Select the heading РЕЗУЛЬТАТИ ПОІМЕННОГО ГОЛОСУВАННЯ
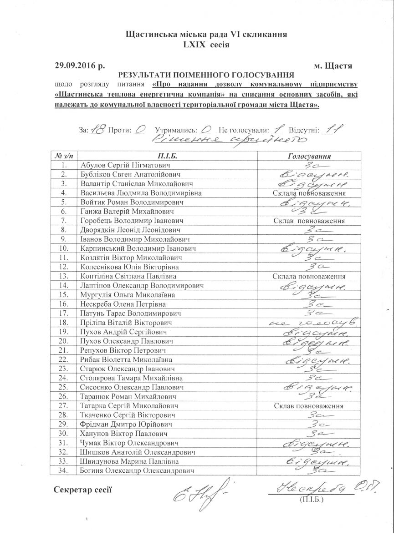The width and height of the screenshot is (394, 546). pyautogui.click(x=206, y=75)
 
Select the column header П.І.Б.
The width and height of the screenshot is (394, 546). pyautogui.click(x=166, y=156)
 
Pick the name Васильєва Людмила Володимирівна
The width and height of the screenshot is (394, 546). pyautogui.click(x=141, y=193)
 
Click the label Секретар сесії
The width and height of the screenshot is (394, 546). pyautogui.click(x=82, y=490)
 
